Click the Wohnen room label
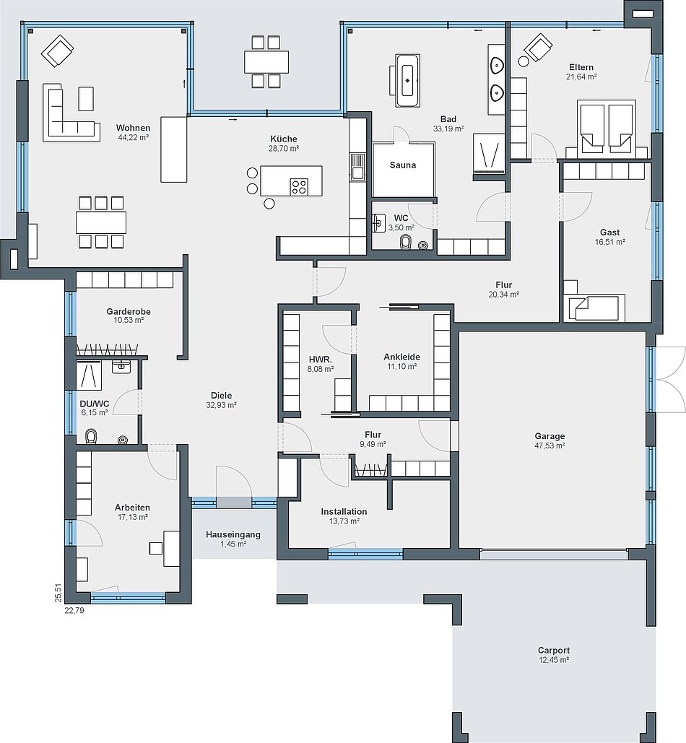pyautogui.click(x=133, y=128)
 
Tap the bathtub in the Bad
pyautogui.click(x=407, y=80)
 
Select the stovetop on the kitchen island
pyautogui.click(x=299, y=187)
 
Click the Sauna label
pyautogui.click(x=403, y=165)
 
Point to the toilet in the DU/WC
pyautogui.click(x=90, y=436)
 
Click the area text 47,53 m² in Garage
pyautogui.click(x=550, y=446)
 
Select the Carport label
pyautogui.click(x=553, y=650)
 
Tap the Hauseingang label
pyautogui.click(x=233, y=534)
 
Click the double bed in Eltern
pyautogui.click(x=607, y=126)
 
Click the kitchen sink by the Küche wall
pyautogui.click(x=357, y=168)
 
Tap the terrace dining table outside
pyautogui.click(x=266, y=61)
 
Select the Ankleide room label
pyautogui.click(x=401, y=357)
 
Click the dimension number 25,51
pyautogui.click(x=58, y=593)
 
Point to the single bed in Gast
pyautogui.click(x=594, y=308)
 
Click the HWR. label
pyautogui.click(x=321, y=360)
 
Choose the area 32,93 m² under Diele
pyautogui.click(x=221, y=405)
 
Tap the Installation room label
pyautogui.click(x=344, y=512)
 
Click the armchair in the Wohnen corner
pyautogui.click(x=57, y=51)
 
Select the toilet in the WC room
pyautogui.click(x=406, y=243)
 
